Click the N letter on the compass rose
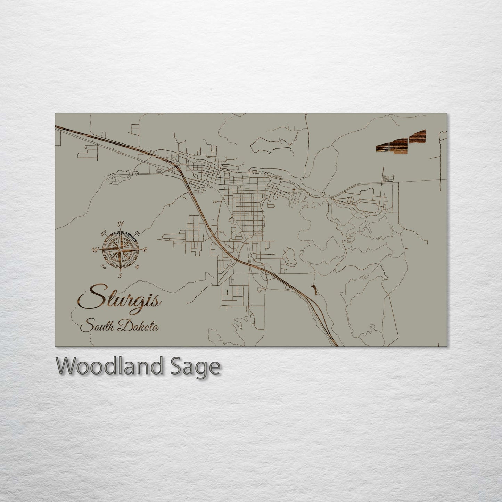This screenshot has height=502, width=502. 121,224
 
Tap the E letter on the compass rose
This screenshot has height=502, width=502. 146,250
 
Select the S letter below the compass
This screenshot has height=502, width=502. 120,275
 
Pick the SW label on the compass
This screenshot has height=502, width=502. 103,266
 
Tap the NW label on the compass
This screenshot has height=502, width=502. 104,233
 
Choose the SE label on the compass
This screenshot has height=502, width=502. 137,266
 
